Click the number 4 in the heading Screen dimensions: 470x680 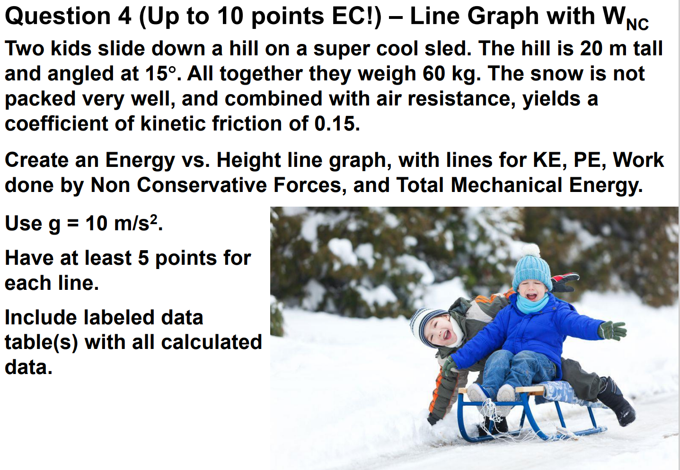(124, 17)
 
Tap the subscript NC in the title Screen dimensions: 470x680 (637, 24)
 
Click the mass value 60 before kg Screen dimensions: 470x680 (431, 74)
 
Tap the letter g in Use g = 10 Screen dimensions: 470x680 (54, 224)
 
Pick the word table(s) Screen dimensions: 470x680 (41, 342)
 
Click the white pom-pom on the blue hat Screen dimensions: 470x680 (531, 250)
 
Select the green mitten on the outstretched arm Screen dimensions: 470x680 (613, 330)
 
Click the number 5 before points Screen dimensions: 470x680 (143, 258)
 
